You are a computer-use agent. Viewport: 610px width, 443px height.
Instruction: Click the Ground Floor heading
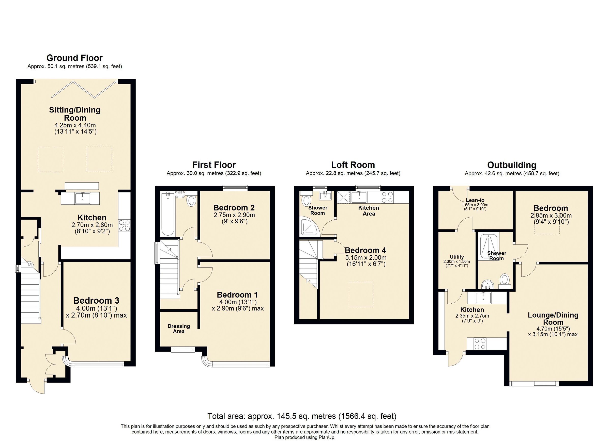74,58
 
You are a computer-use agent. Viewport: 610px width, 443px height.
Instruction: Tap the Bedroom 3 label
96,300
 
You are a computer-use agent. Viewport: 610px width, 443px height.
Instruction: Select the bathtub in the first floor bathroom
168,214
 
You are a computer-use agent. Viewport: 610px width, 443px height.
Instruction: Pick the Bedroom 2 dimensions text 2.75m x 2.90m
234,215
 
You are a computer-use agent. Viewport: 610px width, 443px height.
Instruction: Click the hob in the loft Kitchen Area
387,197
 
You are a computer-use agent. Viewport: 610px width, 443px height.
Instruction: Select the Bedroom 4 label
365,250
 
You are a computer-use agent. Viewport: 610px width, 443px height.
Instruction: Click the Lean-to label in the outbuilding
475,200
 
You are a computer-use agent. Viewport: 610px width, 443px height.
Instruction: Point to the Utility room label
457,257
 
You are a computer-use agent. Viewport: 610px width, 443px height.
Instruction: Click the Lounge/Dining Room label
553,319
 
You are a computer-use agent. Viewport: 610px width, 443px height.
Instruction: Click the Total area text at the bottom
302,416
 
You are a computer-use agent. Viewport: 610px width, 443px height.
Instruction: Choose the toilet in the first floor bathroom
191,200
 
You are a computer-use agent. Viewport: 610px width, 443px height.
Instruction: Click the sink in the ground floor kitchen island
83,198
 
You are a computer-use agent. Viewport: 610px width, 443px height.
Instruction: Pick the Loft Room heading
353,165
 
